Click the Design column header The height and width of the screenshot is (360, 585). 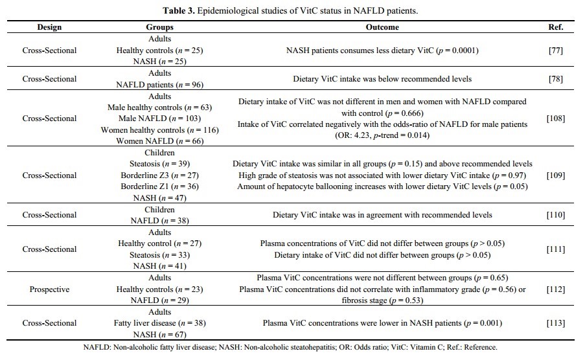click(x=49, y=28)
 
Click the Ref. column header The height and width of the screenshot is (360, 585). click(x=555, y=28)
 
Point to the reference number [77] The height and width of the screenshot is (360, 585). click(x=555, y=51)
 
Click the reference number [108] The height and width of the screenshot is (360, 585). click(x=555, y=118)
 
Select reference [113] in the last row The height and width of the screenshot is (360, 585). click(x=555, y=323)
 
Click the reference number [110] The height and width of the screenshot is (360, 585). click(x=555, y=215)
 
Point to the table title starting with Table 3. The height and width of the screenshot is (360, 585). click(x=292, y=10)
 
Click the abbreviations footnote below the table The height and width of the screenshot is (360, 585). click(x=292, y=347)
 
